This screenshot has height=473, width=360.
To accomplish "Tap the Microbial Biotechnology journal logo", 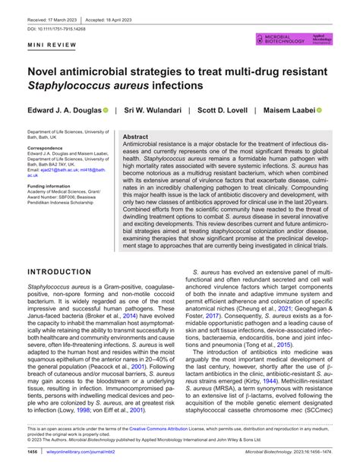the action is (x=282, y=38).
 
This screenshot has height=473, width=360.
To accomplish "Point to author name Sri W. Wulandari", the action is (x=156, y=110).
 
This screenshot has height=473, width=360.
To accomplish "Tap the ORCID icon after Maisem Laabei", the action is (x=320, y=110).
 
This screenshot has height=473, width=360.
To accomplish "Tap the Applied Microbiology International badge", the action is (x=322, y=38).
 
